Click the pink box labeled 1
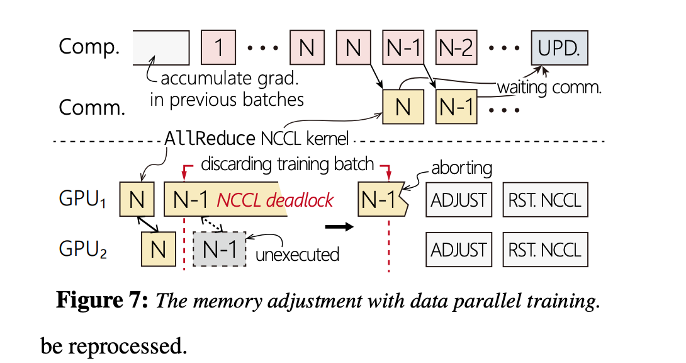[218, 48]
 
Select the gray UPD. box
[559, 48]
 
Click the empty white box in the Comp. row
[161, 48]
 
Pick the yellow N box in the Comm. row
[403, 107]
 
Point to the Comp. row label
[89, 47]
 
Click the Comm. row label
[90, 107]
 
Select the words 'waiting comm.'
[549, 88]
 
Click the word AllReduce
[210, 138]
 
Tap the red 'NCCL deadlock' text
[275, 200]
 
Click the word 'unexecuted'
[298, 254]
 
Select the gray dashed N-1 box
[219, 250]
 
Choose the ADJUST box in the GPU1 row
[459, 200]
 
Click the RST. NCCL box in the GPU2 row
[545, 250]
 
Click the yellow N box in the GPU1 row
[137, 200]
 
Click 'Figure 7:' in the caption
[102, 301]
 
